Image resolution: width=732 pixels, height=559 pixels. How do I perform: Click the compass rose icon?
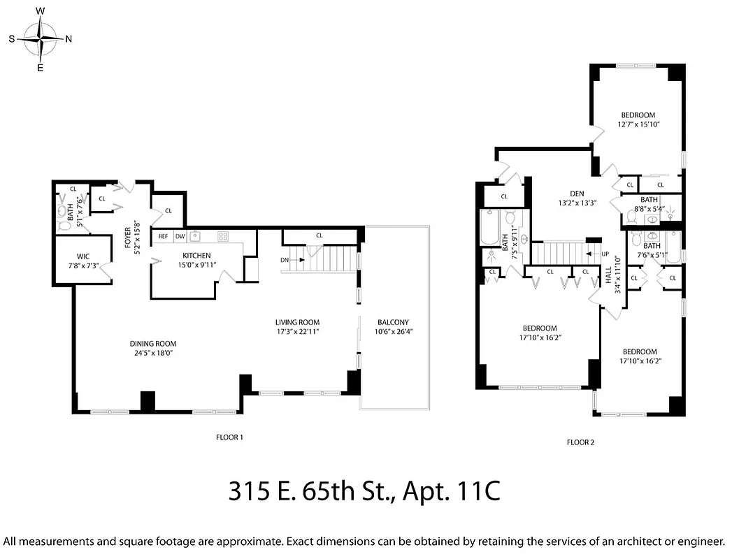coord(41,39)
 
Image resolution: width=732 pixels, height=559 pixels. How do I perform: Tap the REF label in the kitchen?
coord(163,236)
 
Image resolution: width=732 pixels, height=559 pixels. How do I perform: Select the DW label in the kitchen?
coord(180,236)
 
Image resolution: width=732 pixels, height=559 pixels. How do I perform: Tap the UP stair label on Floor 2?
coord(605,254)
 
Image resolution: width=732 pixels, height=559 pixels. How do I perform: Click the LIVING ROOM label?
coord(297,322)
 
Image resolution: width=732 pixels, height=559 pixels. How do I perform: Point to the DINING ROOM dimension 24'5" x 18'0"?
coord(152,354)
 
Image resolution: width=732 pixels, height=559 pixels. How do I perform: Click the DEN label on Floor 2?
coord(577,194)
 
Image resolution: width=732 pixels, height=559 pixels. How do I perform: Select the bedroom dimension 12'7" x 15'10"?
coord(638,124)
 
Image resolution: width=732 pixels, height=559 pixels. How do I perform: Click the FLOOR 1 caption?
coord(229,437)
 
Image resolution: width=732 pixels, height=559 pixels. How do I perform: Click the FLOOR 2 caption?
coord(580,442)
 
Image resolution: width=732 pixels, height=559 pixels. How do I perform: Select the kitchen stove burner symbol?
coord(223,236)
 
